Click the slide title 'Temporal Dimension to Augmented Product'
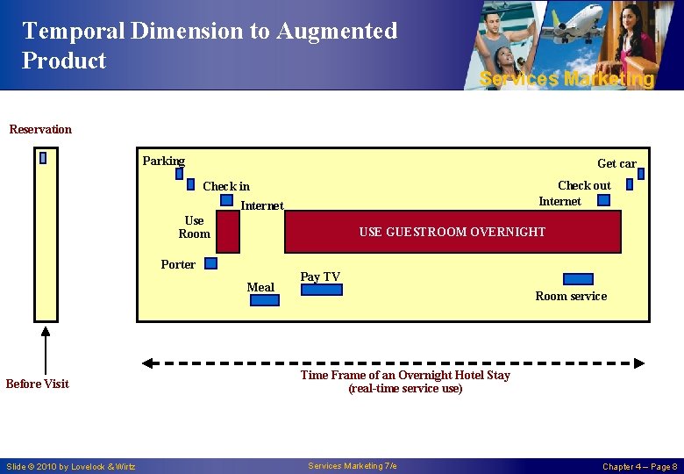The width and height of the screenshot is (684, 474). point(210,46)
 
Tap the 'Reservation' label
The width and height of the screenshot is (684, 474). point(40,129)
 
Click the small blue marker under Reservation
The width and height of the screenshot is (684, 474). point(42,158)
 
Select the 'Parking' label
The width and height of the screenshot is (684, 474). point(164,161)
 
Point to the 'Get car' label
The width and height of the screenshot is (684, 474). point(616,163)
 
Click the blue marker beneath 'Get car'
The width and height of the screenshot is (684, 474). point(640,174)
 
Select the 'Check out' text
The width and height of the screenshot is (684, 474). point(584,185)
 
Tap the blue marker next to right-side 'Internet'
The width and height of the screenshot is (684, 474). point(603,200)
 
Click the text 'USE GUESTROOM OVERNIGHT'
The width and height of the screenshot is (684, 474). point(452,232)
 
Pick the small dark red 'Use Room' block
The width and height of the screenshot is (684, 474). point(228,233)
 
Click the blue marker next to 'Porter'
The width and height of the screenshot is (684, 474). point(210,262)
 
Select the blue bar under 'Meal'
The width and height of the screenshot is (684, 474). point(265,300)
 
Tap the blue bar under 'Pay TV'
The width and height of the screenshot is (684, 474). point(321,290)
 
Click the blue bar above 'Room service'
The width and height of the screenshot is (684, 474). point(578,279)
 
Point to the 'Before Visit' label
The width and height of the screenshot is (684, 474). point(37,384)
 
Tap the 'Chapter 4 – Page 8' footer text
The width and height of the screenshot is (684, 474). point(639,466)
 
